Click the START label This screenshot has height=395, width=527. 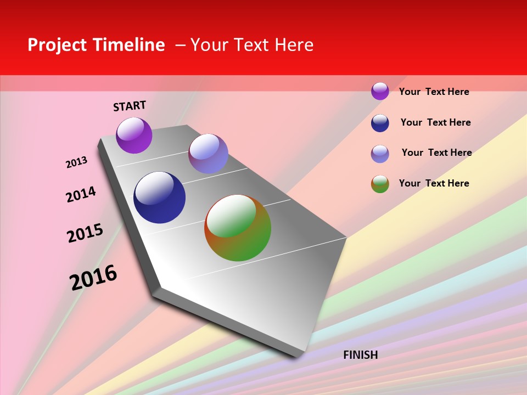tap(130, 106)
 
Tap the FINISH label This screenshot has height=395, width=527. tap(360, 355)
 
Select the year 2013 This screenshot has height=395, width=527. tap(76, 162)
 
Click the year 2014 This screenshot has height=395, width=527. tap(81, 194)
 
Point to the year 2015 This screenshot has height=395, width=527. tap(85, 233)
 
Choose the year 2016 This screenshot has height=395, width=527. tap(93, 277)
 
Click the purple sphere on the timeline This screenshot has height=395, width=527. tap(134, 136)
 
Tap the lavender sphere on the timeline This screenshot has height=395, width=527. tap(208, 154)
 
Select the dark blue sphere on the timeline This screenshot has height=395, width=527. tap(159, 198)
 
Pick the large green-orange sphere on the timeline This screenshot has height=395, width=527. tap(238, 228)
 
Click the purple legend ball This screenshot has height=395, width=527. tap(380, 91)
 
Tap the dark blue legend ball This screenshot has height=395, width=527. tap(380, 123)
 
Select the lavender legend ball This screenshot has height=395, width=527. tap(380, 154)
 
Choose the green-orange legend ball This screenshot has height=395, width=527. tap(380, 184)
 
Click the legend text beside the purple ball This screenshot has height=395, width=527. tap(434, 92)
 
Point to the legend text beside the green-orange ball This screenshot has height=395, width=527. tap(434, 183)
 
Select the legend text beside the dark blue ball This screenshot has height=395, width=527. tap(435, 122)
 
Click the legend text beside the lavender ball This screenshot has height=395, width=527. tap(436, 153)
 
